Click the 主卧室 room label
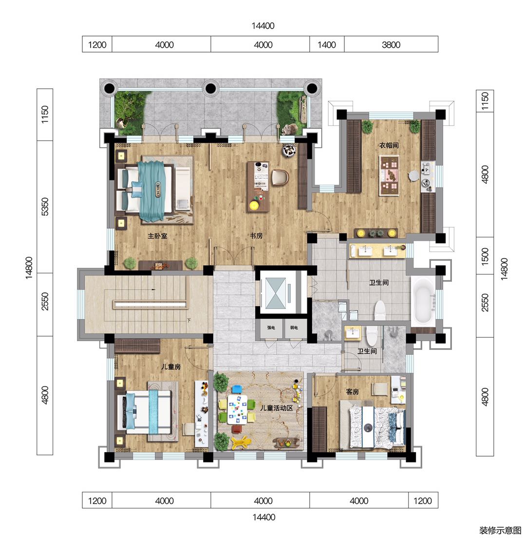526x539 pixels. point(157,236)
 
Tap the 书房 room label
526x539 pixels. point(256,236)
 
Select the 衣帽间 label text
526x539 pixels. point(389,145)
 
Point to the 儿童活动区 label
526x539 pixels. point(276,408)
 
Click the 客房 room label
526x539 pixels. point(353,391)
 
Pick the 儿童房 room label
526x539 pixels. point(171,367)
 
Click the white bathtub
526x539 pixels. point(423,302)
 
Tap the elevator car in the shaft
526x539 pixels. point(276,293)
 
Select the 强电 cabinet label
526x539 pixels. point(271,328)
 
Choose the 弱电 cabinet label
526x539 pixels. point(294,328)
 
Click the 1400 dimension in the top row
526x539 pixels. point(327,45)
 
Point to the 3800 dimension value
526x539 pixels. point(391,45)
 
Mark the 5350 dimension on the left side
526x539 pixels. point(45,207)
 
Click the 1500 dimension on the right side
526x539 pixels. point(485,256)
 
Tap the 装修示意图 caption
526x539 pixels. point(500,530)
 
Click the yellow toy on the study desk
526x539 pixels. point(254,206)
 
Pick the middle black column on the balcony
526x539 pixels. point(210,89)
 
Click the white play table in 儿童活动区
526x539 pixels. point(237,409)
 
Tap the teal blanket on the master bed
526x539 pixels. point(152,191)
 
